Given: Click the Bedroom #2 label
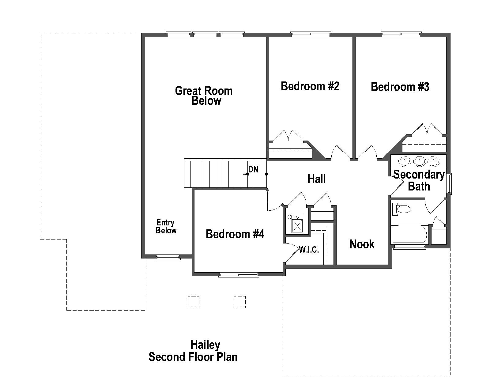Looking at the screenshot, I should (310, 86).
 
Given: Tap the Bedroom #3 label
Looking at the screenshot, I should (400, 87).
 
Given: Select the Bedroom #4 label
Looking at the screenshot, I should (235, 234).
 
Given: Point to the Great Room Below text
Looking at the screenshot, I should (204, 96).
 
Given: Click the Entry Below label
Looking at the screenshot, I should (166, 227).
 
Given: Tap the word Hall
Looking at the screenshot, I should (316, 179).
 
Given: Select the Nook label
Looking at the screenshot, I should (362, 244).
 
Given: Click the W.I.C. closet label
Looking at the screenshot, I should (309, 250).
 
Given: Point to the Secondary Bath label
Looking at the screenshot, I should (419, 180).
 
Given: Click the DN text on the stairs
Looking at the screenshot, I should (253, 169).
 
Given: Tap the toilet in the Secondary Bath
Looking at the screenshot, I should (401, 209).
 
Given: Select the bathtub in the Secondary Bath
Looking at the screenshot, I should (409, 235).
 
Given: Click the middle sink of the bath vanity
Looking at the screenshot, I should (419, 160).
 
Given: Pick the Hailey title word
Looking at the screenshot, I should (205, 345).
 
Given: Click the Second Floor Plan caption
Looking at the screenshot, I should (193, 357).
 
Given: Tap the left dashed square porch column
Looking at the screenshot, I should (193, 302).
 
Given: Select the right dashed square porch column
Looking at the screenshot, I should (239, 302).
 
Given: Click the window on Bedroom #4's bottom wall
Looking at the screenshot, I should (239, 275).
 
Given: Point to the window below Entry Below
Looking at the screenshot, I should (168, 257).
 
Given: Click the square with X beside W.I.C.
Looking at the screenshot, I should (297, 224).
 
